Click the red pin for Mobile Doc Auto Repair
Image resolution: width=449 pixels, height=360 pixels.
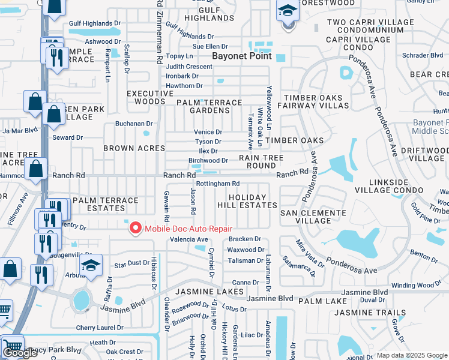[136, 229]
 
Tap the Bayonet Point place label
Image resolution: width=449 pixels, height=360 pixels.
[241, 56]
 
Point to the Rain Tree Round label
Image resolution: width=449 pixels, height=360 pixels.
[261, 161]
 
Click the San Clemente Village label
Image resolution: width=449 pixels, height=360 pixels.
[313, 217]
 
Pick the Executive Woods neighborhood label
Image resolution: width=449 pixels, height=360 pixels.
[142, 97]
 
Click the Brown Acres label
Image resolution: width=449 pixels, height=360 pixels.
[134, 148]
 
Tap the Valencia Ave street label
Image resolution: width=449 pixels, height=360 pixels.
[189, 239]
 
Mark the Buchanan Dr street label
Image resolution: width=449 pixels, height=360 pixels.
[134, 124]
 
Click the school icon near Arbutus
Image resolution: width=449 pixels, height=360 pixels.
[91, 265]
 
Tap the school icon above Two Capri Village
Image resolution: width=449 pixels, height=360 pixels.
[288, 12]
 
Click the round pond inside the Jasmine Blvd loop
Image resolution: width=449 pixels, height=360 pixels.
[81, 299]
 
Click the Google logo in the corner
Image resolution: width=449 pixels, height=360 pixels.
[20, 353]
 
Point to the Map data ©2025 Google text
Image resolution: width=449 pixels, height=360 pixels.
[412, 355]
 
